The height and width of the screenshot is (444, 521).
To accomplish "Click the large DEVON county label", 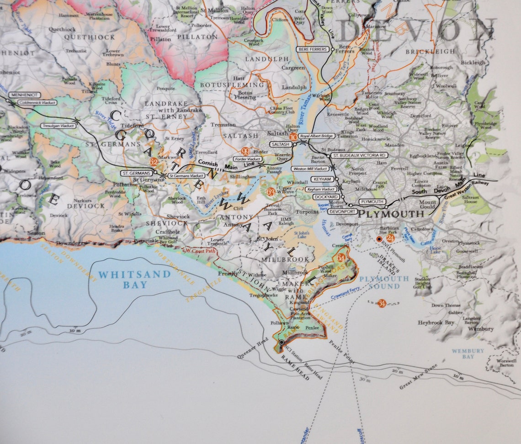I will (x=416, y=30).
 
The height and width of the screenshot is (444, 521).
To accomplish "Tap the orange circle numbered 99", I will (x=246, y=152).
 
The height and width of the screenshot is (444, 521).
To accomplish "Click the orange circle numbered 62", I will (x=153, y=162).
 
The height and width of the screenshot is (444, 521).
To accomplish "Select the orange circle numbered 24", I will (x=390, y=238).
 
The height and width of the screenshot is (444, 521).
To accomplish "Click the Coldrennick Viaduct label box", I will (x=37, y=103).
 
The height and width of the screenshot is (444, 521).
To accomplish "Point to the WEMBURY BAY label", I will (x=468, y=354).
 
